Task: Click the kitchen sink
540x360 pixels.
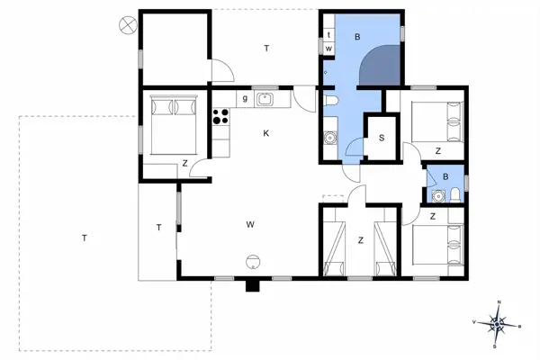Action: [265, 99]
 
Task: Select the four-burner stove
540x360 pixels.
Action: [220, 115]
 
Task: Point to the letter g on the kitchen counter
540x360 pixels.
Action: [244, 98]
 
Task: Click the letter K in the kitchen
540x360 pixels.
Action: [266, 134]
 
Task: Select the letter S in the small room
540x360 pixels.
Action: [382, 138]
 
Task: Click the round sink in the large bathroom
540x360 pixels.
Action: [329, 139]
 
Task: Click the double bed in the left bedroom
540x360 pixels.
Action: [172, 126]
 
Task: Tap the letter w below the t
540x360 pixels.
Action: [329, 48]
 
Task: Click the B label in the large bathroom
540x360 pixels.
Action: [357, 37]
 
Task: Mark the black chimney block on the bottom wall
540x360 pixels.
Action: [253, 285]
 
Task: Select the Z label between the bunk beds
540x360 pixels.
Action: [360, 239]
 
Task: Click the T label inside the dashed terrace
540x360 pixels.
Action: [84, 238]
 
